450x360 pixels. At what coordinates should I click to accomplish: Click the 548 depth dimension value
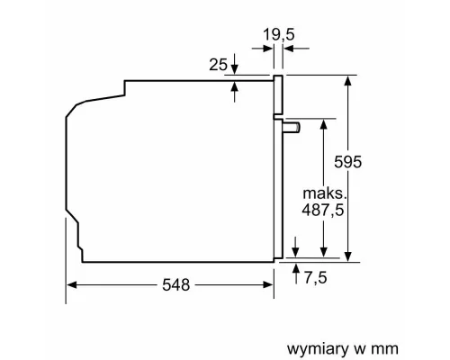tap(175, 284)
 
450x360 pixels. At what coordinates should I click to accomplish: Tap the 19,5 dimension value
tap(278, 33)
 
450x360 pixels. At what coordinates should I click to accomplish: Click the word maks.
tap(324, 193)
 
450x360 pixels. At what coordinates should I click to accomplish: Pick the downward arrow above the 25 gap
tap(235, 68)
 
